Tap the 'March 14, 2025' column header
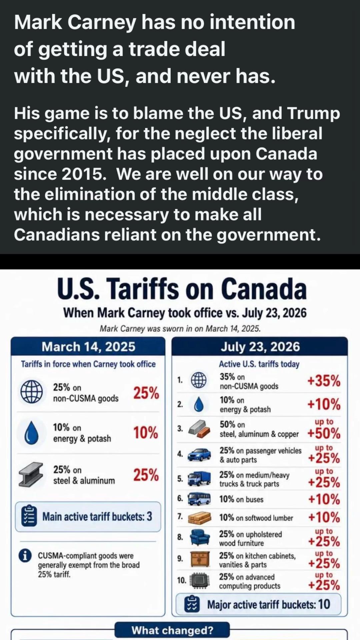click(88, 347)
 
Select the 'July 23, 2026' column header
click(260, 347)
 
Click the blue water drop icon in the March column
click(32, 432)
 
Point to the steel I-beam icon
click(31, 475)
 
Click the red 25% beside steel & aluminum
click(146, 475)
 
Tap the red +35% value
click(324, 380)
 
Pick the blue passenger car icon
click(199, 454)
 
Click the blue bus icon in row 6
click(199, 499)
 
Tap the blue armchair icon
click(200, 537)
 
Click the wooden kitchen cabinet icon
click(200, 559)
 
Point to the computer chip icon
click(200, 581)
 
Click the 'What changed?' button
click(172, 630)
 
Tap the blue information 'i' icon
click(25, 556)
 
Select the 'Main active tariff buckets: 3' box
click(88, 517)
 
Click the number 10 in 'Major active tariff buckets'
click(324, 604)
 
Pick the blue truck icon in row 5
click(199, 479)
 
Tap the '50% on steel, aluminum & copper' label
click(259, 429)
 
